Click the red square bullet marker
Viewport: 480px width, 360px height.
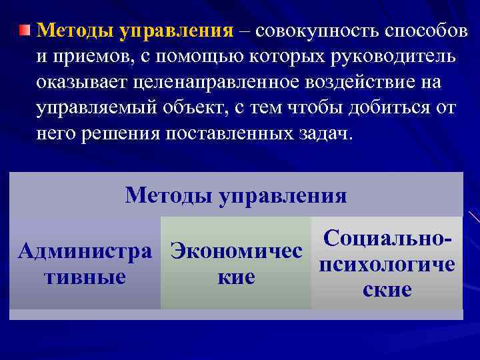(x=25, y=30)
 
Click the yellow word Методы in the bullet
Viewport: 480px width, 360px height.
(x=74, y=30)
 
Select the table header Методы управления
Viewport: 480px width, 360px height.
(x=236, y=195)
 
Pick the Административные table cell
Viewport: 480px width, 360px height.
(x=85, y=263)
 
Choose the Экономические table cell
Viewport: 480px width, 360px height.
(x=236, y=263)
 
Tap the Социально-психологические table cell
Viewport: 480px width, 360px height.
(x=387, y=263)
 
